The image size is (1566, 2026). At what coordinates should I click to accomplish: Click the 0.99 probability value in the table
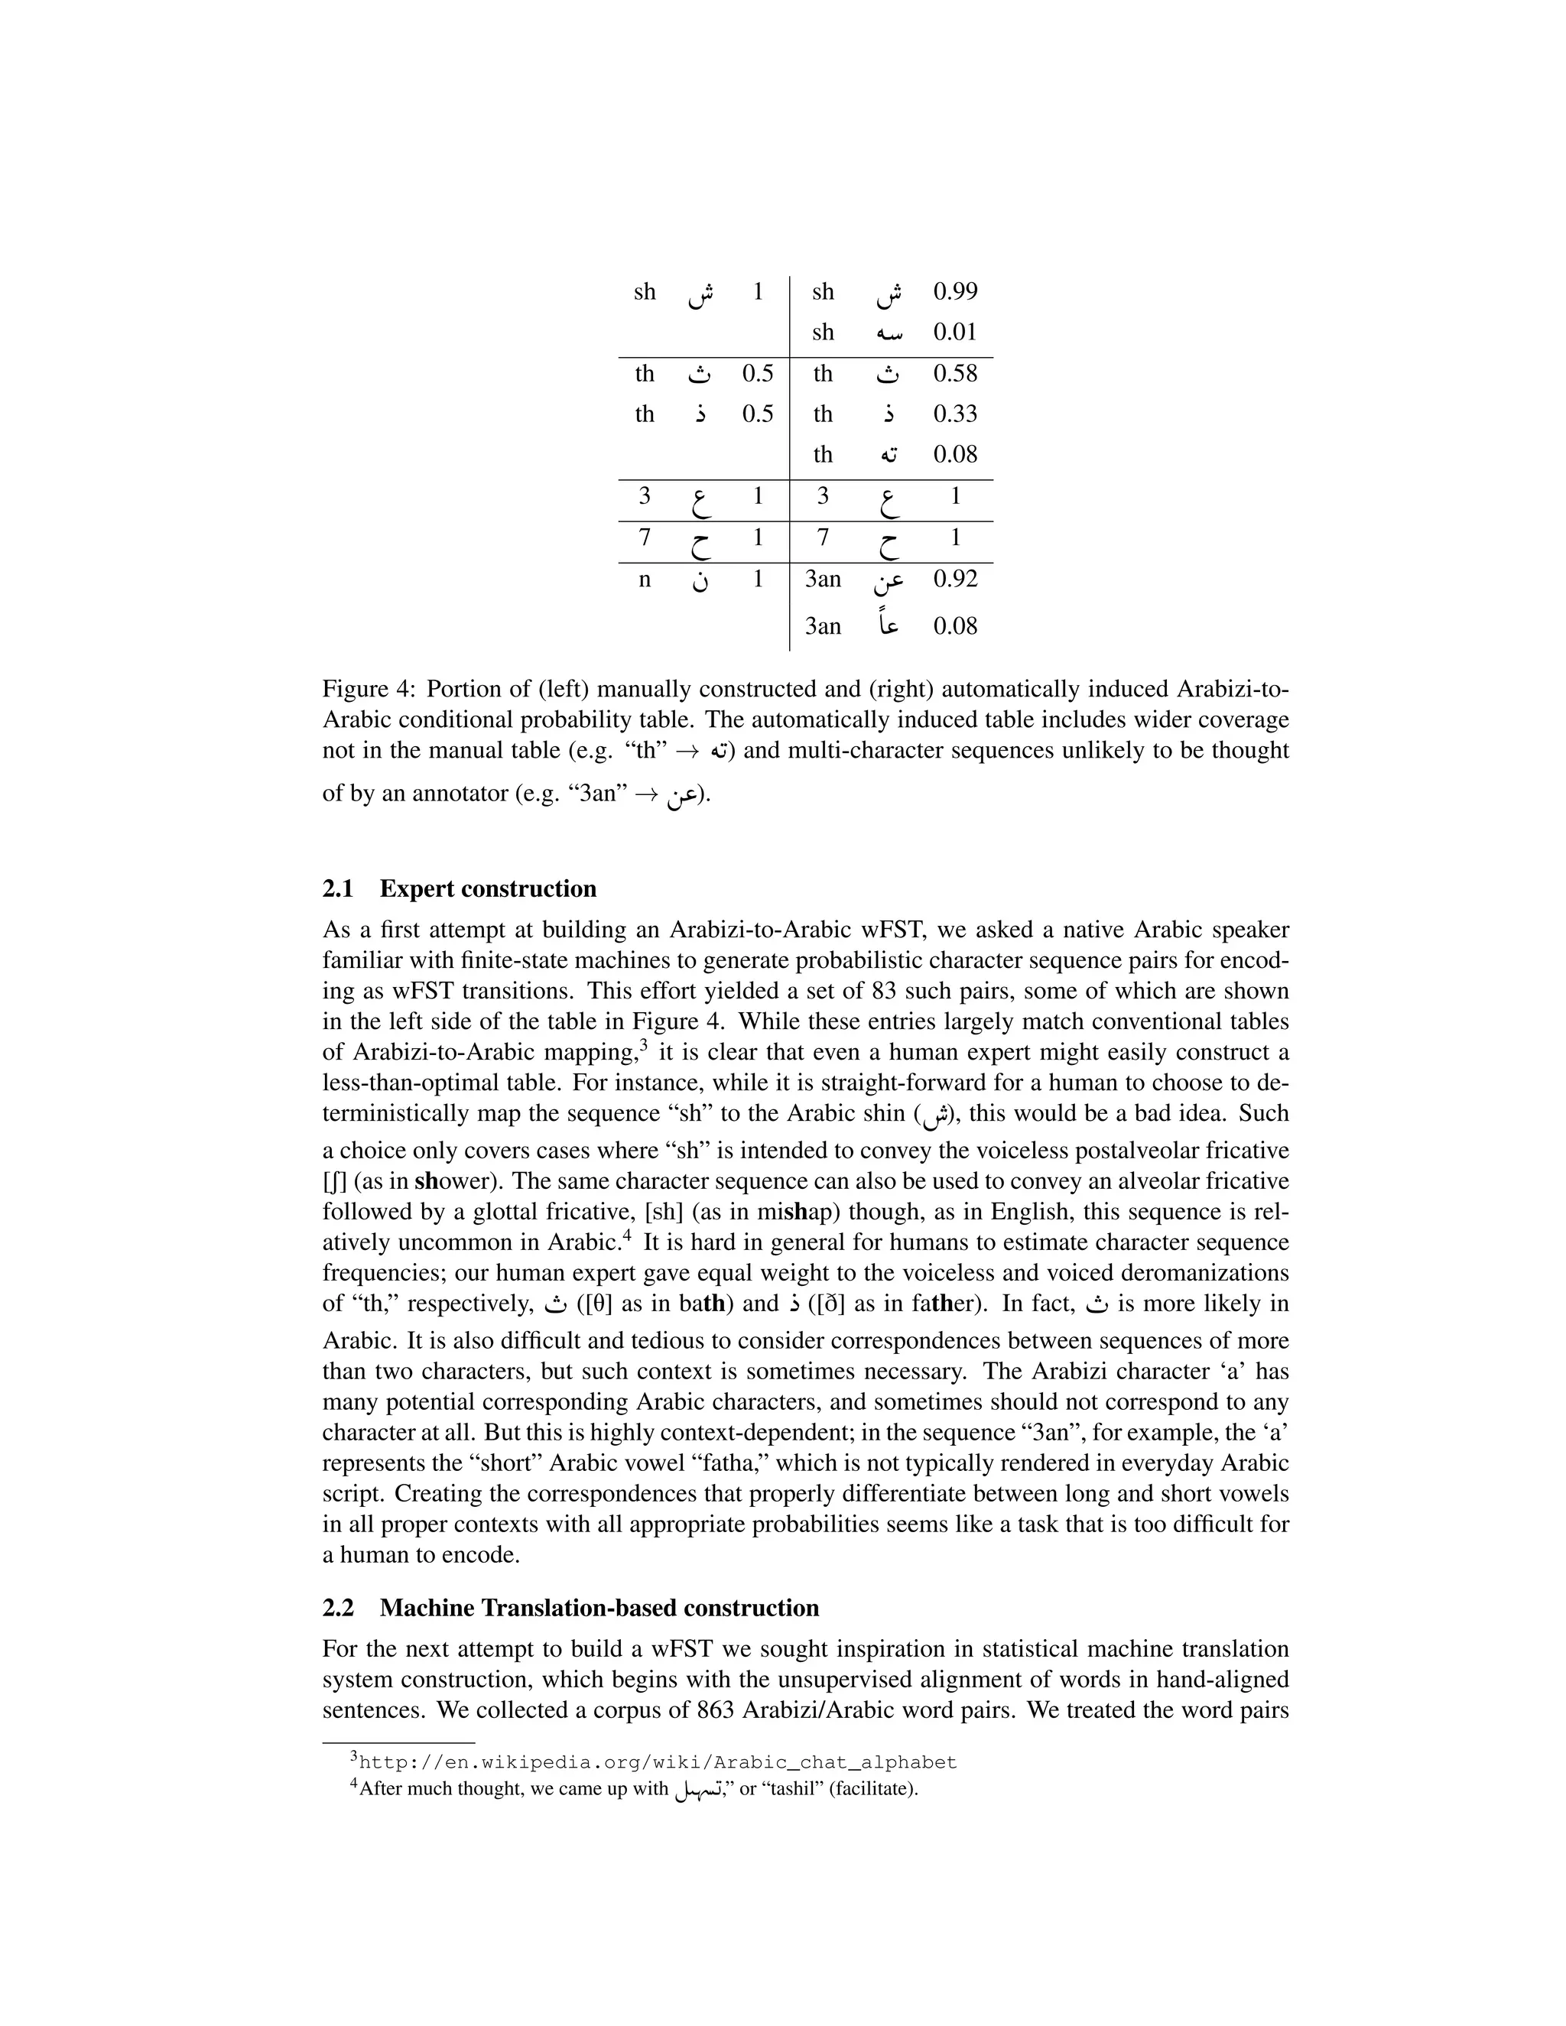[x=954, y=291]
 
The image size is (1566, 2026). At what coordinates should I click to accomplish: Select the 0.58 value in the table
[x=954, y=374]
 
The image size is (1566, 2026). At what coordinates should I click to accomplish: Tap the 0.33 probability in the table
[x=954, y=414]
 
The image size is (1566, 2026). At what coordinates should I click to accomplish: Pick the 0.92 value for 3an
[x=954, y=579]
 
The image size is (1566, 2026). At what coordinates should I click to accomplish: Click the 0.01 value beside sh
[x=954, y=332]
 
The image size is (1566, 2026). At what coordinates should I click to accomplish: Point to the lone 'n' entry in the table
[x=645, y=580]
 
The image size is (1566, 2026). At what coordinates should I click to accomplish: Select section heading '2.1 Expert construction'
[x=460, y=888]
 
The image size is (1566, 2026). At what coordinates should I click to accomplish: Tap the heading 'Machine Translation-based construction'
[x=599, y=1608]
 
